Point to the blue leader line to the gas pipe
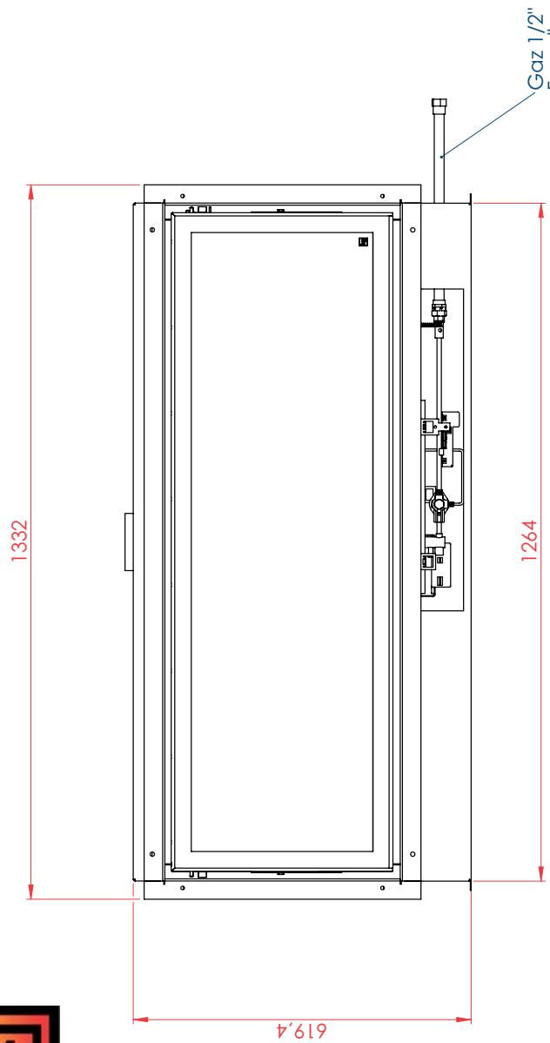[486, 124]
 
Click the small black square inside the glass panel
[363, 242]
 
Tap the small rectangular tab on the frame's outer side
[129, 542]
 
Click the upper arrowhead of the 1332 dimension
[30, 191]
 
